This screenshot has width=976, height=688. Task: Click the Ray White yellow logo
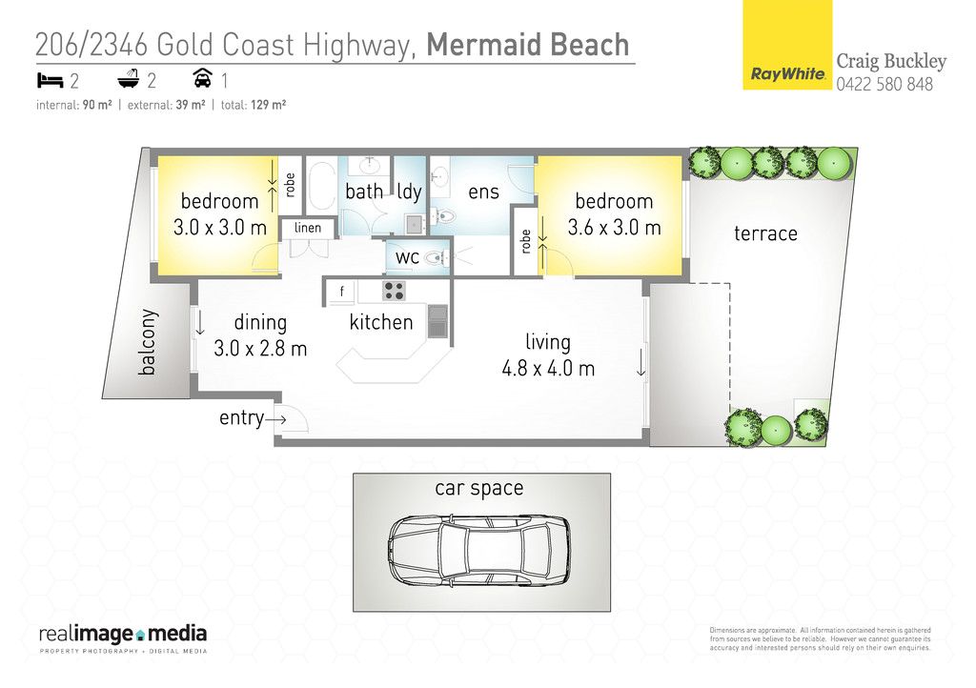point(787,45)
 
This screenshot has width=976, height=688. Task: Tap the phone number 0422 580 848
point(884,84)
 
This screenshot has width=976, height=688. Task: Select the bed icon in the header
point(50,80)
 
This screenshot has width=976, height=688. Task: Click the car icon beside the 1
point(202,79)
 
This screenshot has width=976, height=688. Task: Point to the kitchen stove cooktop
point(394,291)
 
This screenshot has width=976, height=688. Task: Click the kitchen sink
point(437,321)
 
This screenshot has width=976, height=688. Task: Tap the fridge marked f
point(341,292)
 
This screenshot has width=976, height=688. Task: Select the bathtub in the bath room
point(321,186)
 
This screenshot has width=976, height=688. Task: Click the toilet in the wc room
point(436,257)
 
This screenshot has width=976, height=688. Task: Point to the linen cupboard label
point(308,228)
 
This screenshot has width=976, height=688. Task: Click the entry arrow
point(275,419)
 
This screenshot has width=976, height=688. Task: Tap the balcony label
point(147,342)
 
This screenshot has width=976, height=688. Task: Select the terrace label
point(765,233)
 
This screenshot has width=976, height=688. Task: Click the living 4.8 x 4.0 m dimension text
point(548,368)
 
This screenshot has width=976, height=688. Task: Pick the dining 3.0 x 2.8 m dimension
point(260,349)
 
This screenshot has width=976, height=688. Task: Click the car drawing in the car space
point(478,550)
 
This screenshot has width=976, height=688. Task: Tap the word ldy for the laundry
point(409,192)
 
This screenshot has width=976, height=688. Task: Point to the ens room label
point(483,192)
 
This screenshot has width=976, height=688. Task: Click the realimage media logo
point(123,637)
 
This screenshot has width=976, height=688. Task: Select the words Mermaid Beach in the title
point(528,45)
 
